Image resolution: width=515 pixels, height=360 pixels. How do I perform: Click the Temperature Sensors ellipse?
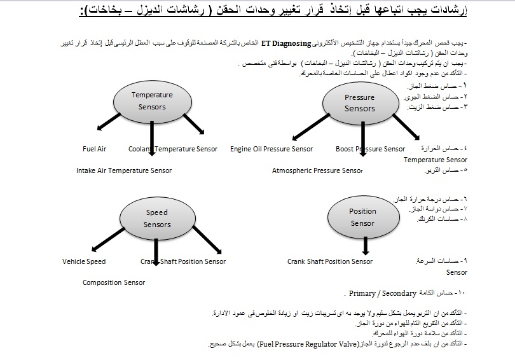point(151,100)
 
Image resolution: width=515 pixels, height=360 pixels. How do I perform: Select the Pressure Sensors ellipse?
point(359,102)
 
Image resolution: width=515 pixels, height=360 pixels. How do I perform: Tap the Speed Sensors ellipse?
point(157,218)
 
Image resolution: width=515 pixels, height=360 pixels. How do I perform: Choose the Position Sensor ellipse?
point(362,217)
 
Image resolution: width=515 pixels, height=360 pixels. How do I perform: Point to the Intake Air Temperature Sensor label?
point(124,170)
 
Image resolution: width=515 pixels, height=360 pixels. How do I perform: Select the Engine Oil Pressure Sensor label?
point(271,149)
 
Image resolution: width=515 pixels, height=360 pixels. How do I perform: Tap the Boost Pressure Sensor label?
point(370,149)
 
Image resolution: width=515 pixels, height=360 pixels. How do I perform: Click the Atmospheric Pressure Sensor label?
point(317,170)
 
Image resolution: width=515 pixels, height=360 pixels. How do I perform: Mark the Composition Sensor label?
point(114,282)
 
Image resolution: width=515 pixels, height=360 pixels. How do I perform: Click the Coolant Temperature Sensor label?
point(173,149)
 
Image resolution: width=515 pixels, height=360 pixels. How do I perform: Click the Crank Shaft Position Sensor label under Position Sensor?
point(329,261)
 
